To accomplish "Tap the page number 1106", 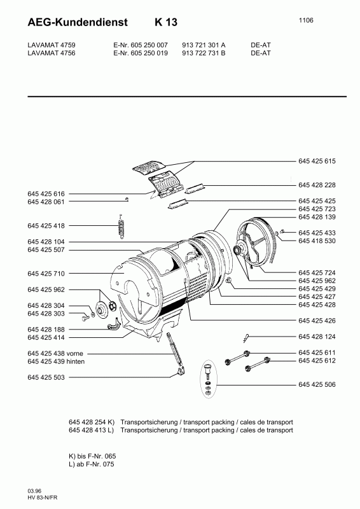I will [306, 20].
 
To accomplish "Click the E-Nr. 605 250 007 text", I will [140, 46].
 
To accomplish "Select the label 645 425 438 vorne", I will [56, 353].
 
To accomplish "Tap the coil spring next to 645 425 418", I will [121, 227].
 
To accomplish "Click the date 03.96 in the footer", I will [35, 491].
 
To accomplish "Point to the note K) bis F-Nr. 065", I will [92, 457].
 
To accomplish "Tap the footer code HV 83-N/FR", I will [43, 498].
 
